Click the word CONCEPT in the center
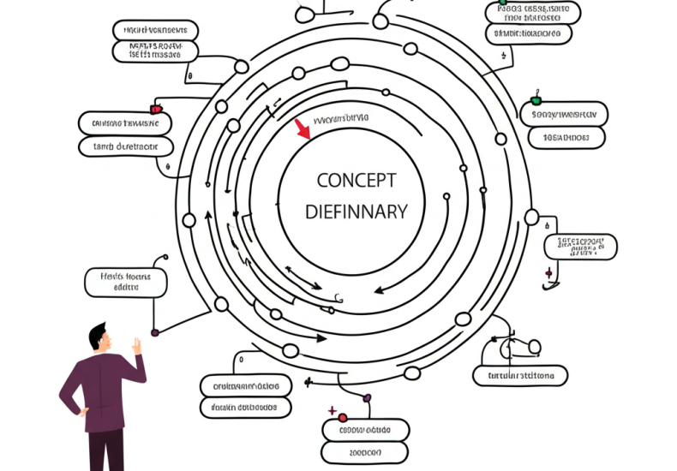point(356,180)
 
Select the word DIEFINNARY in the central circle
point(356,212)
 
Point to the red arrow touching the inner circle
point(302,129)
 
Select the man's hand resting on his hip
point(83,411)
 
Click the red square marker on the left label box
point(155,109)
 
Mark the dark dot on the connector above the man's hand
point(155,331)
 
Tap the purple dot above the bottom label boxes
point(367,397)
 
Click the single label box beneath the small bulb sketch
point(520,375)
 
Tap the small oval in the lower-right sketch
point(534,347)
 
